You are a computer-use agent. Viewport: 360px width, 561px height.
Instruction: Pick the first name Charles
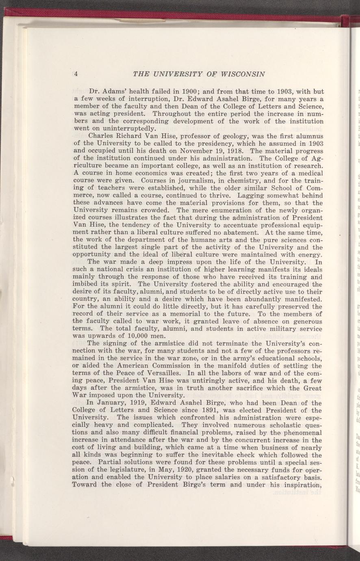point(102,137)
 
